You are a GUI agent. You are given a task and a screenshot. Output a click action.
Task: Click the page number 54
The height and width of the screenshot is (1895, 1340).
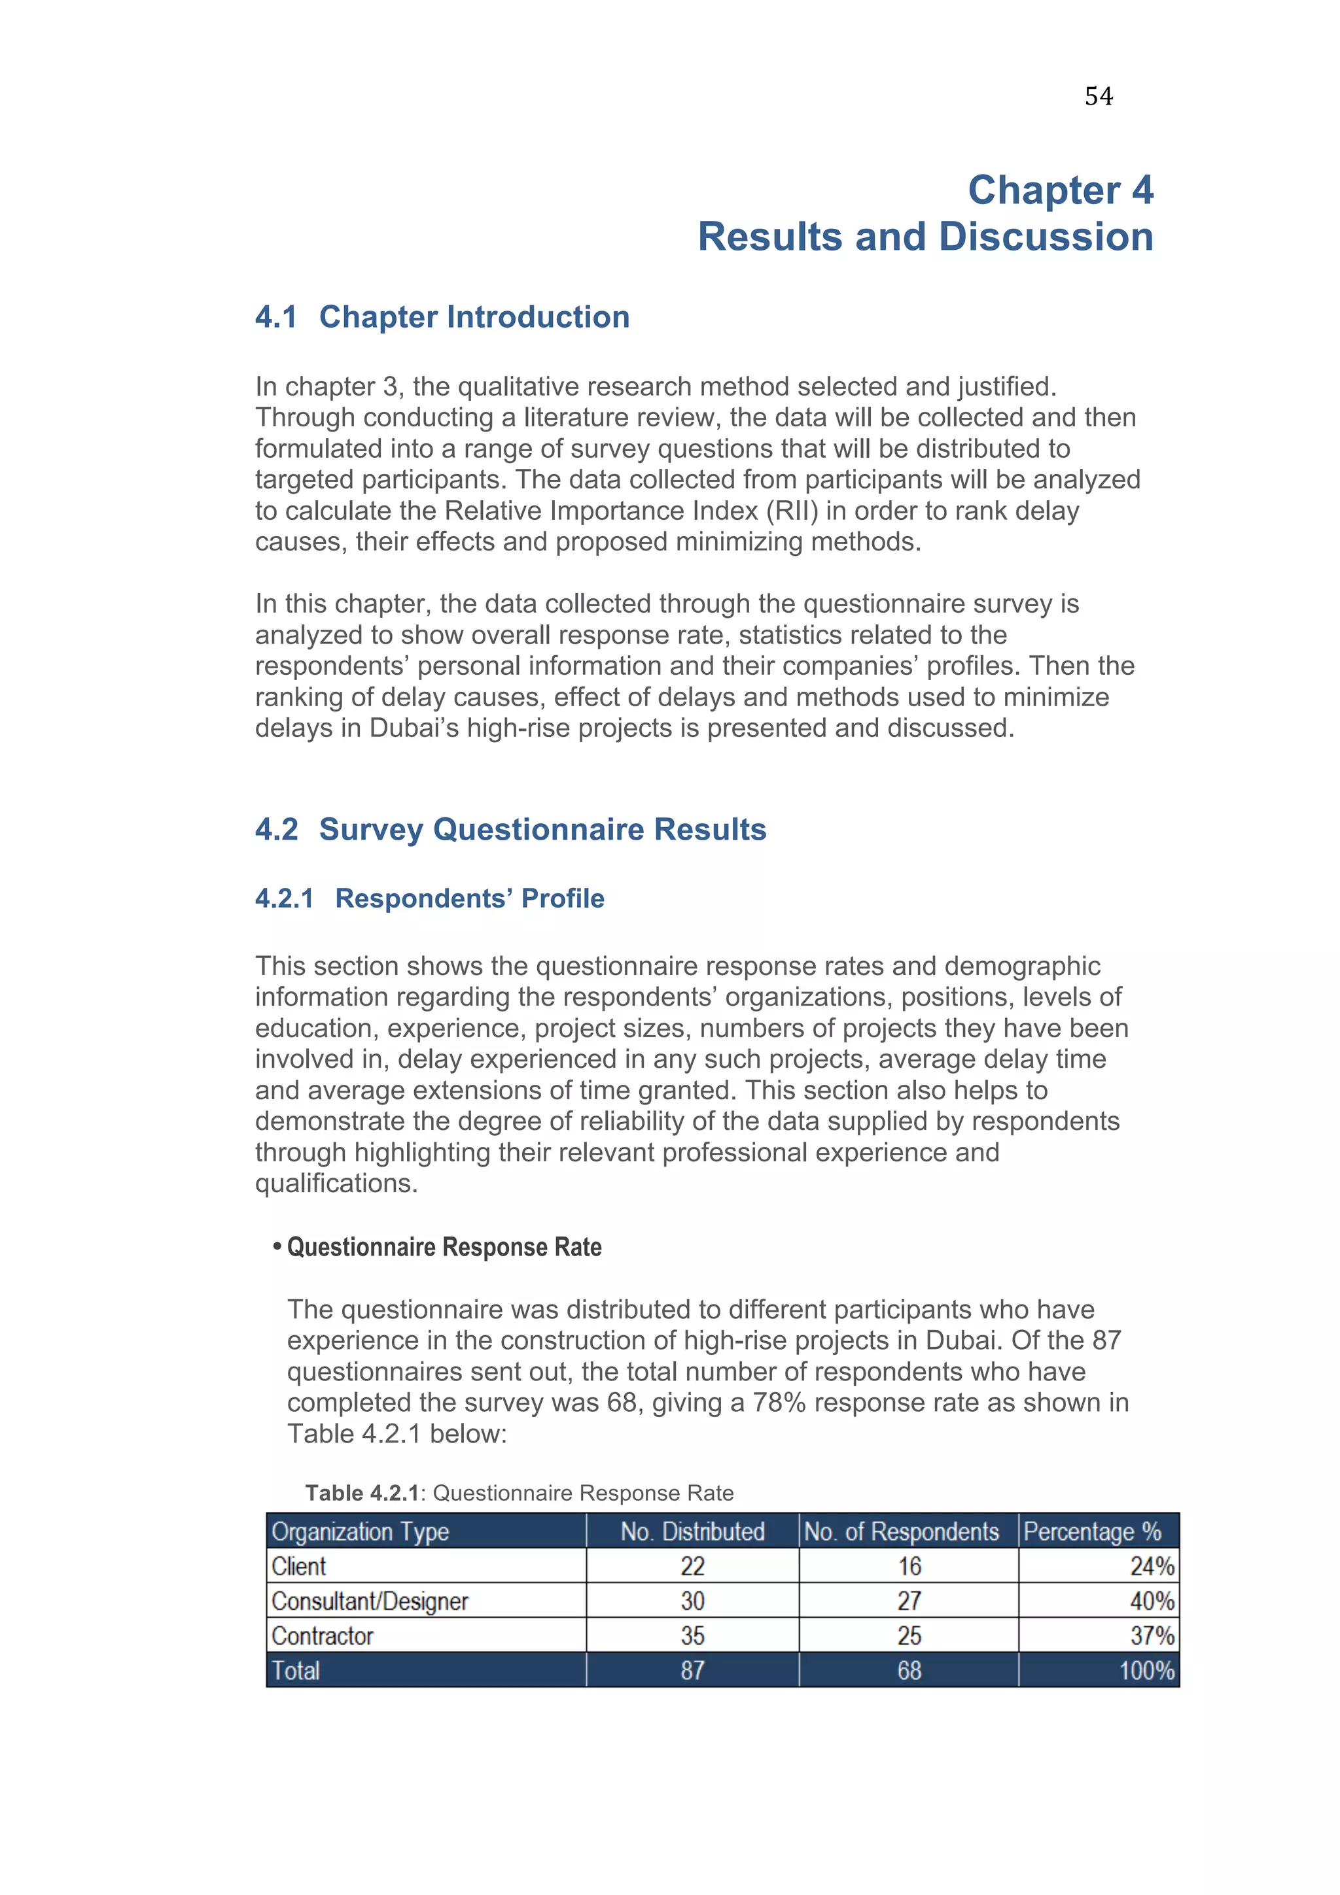1098,97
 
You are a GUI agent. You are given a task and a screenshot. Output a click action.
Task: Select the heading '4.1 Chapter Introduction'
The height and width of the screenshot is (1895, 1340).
442,317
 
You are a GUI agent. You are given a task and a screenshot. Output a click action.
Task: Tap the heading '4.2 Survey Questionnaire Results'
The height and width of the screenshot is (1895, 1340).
510,830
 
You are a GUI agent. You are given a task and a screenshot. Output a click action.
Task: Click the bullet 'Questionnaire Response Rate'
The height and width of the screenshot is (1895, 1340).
444,1247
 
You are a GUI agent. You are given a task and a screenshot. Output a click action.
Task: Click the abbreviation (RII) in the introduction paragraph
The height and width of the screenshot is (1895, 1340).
792,511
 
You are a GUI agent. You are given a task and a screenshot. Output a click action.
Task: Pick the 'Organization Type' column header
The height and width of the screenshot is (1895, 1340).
360,1532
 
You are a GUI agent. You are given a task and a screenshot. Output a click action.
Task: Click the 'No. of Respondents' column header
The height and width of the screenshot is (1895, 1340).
901,1532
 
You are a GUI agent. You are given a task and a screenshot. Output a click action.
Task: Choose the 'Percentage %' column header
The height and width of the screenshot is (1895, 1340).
1091,1532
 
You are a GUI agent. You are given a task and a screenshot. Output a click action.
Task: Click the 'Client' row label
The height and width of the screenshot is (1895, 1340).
298,1567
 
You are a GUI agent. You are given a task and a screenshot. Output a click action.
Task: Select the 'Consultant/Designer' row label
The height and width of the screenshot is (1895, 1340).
369,1601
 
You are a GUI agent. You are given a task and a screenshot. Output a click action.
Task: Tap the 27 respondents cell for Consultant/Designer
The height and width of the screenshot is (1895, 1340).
908,1601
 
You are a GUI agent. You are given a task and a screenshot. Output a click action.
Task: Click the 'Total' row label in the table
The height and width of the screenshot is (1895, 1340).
296,1671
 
